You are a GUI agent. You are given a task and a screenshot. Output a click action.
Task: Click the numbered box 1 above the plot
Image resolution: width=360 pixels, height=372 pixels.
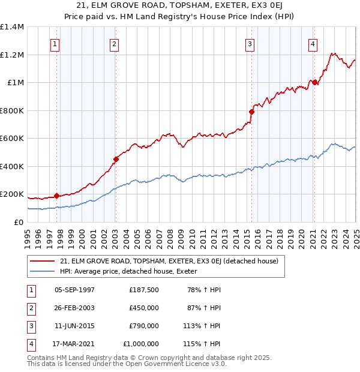tap(55, 43)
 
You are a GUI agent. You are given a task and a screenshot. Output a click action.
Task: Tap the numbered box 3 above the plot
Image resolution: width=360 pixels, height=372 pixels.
tap(249, 43)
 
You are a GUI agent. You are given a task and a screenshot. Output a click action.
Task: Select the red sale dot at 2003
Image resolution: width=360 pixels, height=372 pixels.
tap(116, 159)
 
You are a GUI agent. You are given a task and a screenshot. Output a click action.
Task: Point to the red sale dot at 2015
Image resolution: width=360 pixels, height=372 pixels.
tap(251, 112)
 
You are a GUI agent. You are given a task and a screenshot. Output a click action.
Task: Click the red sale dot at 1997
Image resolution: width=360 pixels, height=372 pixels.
tap(56, 196)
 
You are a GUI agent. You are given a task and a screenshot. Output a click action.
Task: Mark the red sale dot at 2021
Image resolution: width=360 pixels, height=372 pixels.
tap(314, 82)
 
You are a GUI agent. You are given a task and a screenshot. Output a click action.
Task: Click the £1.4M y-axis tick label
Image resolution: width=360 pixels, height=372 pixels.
tap(12, 27)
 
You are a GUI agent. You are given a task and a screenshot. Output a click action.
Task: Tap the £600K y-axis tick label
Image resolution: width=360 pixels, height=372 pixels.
tap(12, 138)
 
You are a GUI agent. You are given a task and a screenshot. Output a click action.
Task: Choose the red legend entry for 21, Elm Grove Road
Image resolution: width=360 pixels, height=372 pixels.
tap(169, 262)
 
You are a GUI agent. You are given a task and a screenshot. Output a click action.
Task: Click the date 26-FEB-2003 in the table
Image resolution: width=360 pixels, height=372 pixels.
tap(74, 307)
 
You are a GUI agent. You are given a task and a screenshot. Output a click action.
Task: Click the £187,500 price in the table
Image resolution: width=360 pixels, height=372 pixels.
tap(144, 289)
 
